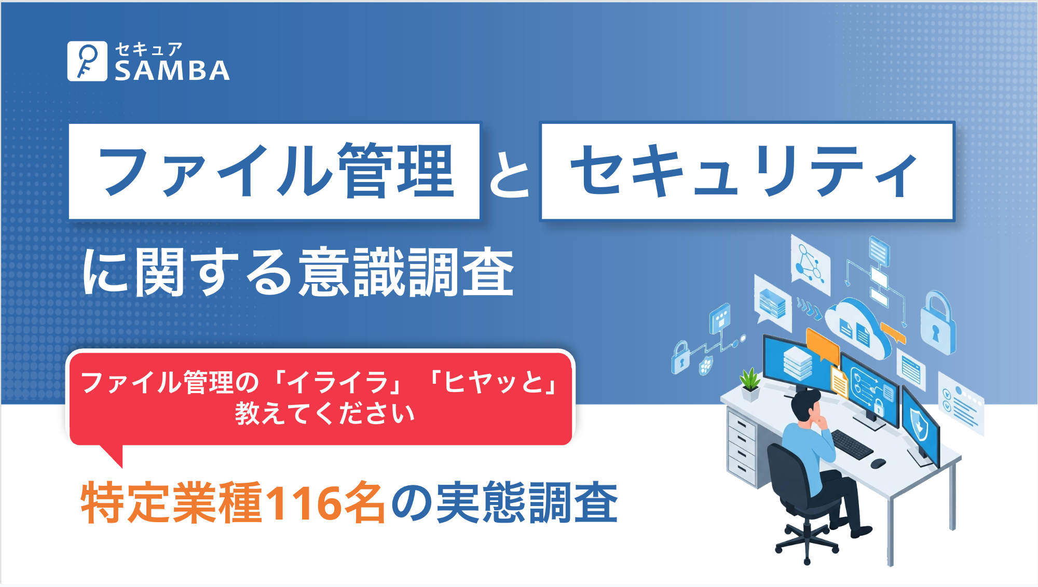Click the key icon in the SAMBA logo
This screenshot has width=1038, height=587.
(x=87, y=61)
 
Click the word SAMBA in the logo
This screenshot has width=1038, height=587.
(x=172, y=71)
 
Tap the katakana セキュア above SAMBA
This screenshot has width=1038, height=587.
(x=148, y=49)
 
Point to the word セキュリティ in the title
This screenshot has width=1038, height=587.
(x=745, y=171)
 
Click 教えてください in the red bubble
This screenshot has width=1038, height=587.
(x=324, y=414)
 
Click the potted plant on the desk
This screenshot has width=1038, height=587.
(x=750, y=384)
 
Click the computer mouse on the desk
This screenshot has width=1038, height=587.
(x=878, y=463)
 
